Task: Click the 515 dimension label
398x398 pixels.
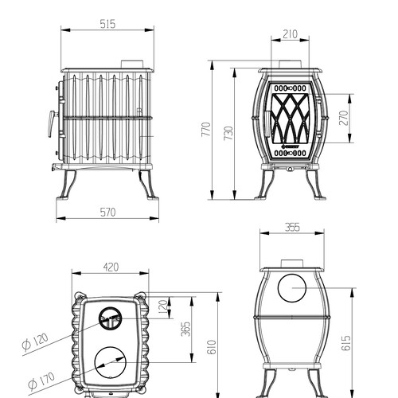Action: tap(108, 24)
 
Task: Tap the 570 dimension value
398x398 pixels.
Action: tap(108, 213)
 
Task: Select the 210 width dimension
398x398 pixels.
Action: tap(291, 34)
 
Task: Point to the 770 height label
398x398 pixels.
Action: tap(206, 130)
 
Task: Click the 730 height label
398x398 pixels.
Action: tap(228, 133)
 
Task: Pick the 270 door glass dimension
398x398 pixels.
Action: tap(343, 118)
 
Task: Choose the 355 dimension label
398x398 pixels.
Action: tap(292, 228)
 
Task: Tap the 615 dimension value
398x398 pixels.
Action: tap(345, 343)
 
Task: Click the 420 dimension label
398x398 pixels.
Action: tap(111, 267)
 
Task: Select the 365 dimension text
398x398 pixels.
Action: tap(186, 329)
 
